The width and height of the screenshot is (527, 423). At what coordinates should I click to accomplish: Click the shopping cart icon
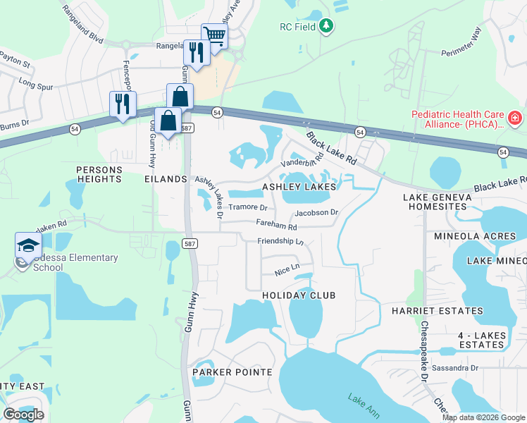(214, 35)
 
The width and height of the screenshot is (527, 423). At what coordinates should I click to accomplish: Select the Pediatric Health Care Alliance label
(457, 120)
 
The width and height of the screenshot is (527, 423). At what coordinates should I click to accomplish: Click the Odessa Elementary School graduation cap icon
(28, 246)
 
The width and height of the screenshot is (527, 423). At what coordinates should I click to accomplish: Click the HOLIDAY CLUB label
(299, 295)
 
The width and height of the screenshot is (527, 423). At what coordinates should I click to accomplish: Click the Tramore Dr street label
(248, 208)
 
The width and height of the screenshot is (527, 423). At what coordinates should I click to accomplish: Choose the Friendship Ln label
(280, 241)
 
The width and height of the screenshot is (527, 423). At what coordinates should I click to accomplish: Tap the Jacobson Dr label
(317, 212)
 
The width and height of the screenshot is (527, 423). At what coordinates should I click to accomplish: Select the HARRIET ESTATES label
(442, 311)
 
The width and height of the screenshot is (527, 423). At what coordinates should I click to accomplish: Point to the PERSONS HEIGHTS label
(99, 174)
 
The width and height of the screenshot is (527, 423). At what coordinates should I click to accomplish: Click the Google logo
(23, 415)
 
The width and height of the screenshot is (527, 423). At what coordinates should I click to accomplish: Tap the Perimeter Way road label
(461, 42)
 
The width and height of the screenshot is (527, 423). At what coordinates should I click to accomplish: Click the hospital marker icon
(515, 117)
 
